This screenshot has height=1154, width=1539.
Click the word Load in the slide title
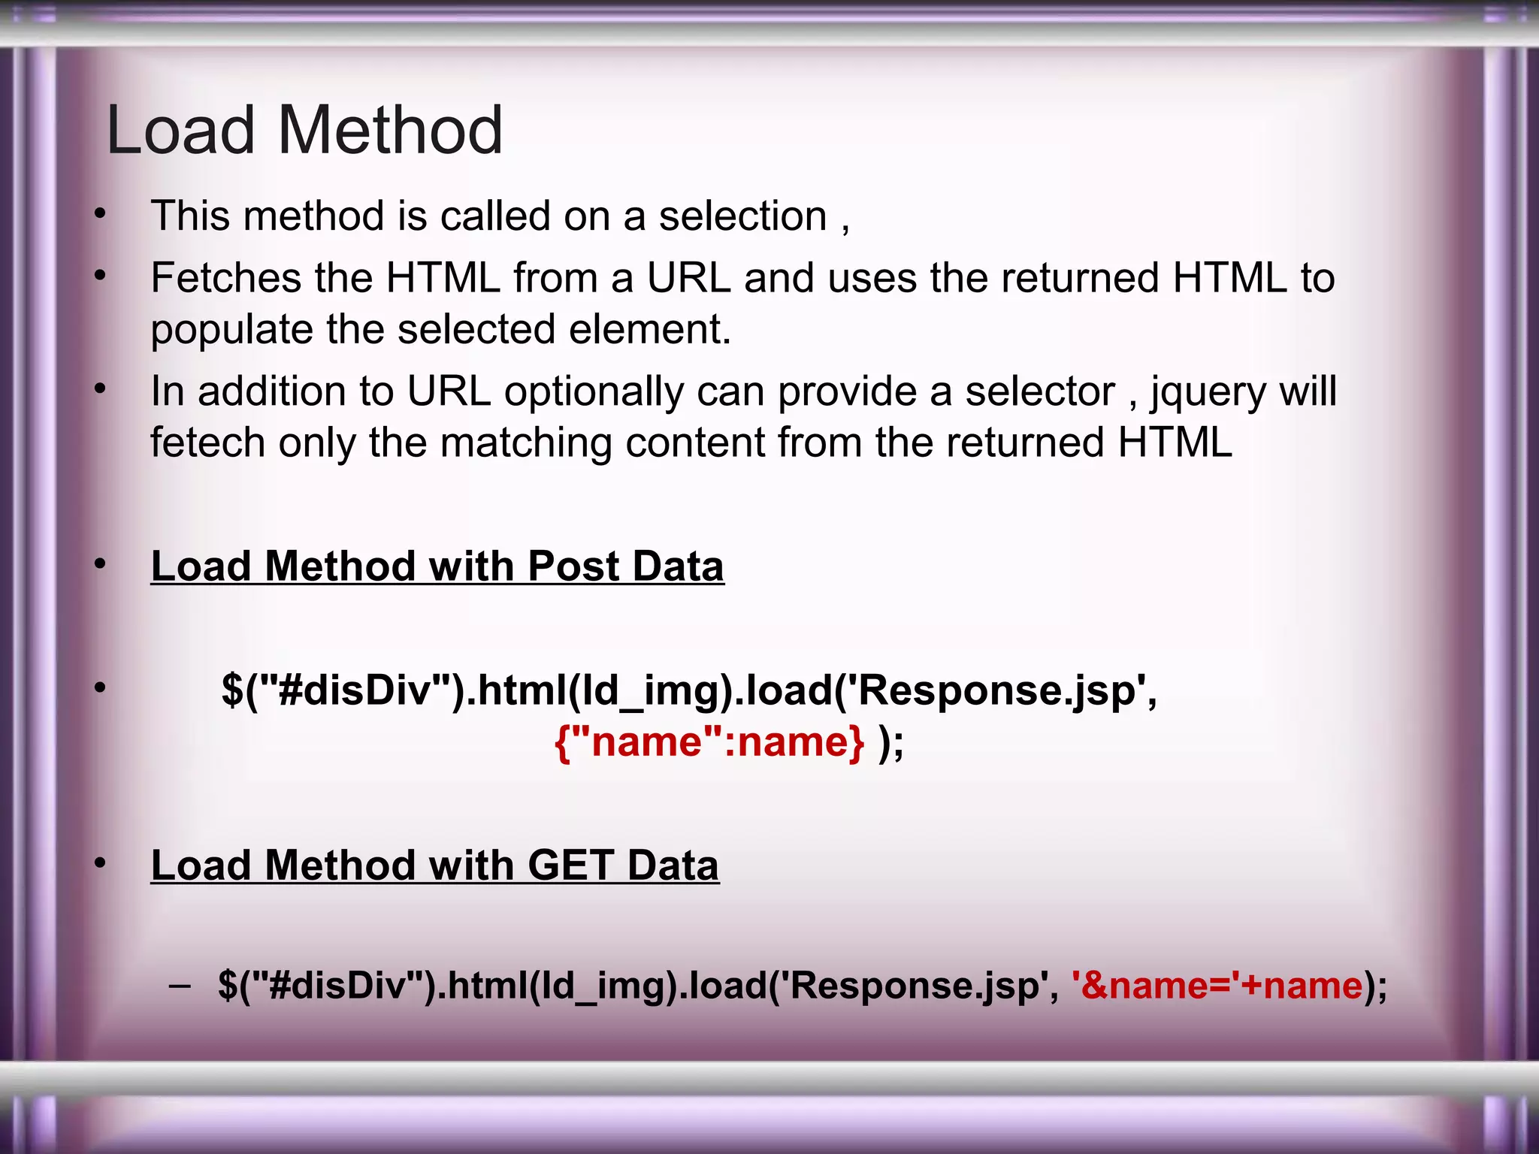(x=181, y=131)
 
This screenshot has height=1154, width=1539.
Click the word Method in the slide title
(x=390, y=131)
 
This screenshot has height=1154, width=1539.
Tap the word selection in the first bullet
(x=742, y=216)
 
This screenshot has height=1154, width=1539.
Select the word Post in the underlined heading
(x=573, y=566)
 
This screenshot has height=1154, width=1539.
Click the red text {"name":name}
(x=709, y=742)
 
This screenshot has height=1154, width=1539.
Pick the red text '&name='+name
(x=1217, y=985)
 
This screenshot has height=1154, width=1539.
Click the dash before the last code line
(x=180, y=985)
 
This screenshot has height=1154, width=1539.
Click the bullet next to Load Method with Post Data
(x=100, y=564)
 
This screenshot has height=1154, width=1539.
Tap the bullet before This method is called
(x=100, y=215)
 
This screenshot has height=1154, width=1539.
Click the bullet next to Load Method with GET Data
(x=100, y=864)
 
